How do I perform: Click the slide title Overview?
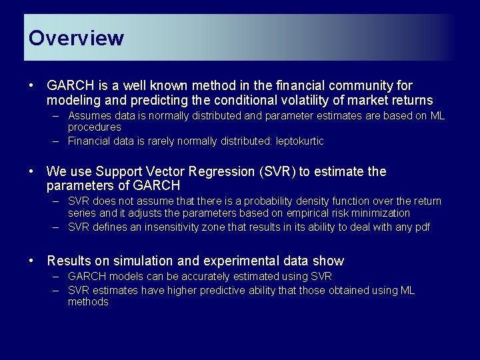coord(76,38)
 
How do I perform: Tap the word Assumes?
coord(90,116)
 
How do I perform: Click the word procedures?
coord(95,127)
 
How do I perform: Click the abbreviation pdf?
coord(421,227)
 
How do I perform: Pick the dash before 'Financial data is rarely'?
coord(58,141)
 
